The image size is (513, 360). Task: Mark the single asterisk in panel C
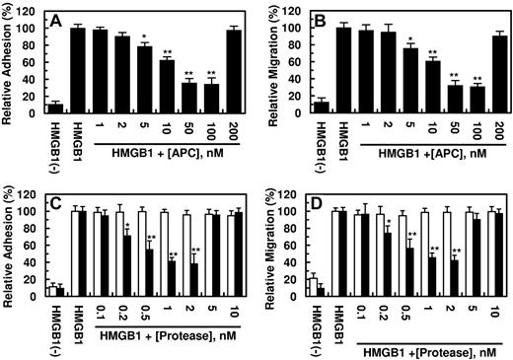tap(129, 227)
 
